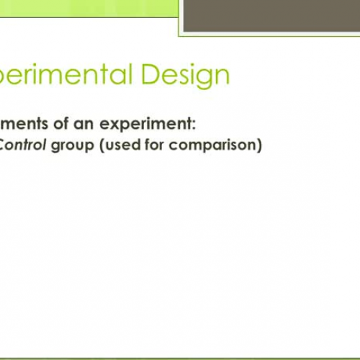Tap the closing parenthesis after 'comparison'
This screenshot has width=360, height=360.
(x=260, y=145)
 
